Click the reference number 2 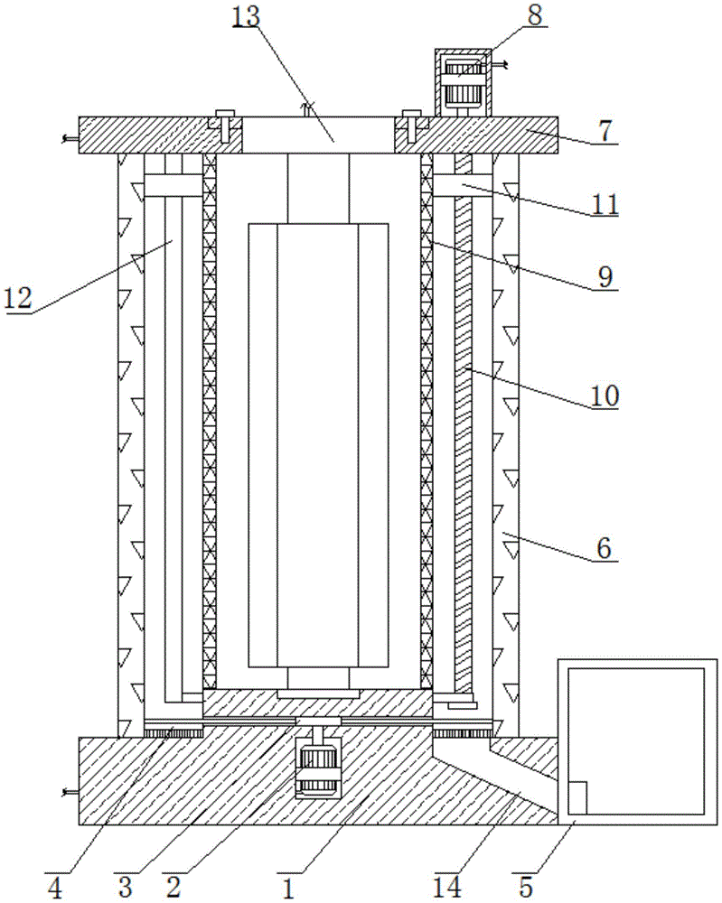click(x=173, y=889)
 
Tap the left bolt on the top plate click(x=222, y=127)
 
